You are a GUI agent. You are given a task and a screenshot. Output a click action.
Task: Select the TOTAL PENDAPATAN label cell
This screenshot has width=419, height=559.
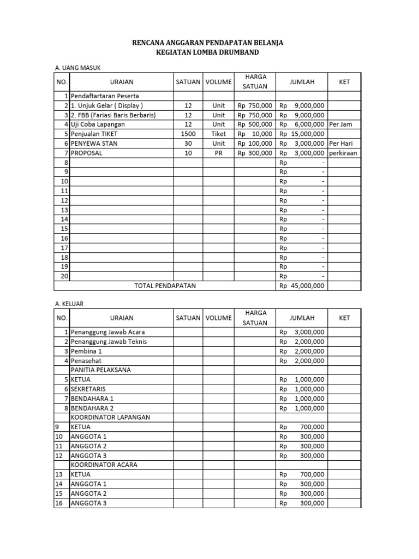point(165,286)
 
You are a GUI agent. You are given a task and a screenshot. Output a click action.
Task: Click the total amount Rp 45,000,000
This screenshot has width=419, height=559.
point(302,286)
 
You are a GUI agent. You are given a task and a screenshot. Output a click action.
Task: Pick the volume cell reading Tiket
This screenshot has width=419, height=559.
point(218,134)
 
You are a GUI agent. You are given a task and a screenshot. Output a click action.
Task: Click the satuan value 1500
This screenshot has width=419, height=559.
point(188,134)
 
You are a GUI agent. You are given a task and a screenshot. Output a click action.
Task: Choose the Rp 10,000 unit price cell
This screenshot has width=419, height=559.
point(255,134)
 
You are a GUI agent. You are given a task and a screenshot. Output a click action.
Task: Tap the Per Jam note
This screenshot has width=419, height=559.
point(342,124)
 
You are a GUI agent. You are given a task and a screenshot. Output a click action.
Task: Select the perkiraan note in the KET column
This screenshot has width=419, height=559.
point(344,153)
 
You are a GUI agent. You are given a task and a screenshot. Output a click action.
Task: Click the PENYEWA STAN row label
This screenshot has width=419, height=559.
point(94,144)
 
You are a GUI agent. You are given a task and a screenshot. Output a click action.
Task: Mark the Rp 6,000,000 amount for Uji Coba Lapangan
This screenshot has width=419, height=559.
point(302,124)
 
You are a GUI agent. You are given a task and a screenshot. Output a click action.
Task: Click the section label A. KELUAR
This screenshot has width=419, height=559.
point(70,303)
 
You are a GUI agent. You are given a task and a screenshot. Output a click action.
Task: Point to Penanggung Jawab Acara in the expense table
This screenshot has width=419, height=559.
point(107,332)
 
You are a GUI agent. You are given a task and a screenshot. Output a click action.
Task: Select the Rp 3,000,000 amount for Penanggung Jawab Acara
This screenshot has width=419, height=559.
point(302,332)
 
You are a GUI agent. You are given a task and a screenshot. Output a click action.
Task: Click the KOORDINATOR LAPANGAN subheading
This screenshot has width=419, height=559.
point(110,418)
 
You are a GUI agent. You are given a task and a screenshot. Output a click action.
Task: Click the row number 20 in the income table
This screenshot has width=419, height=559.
point(64,276)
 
